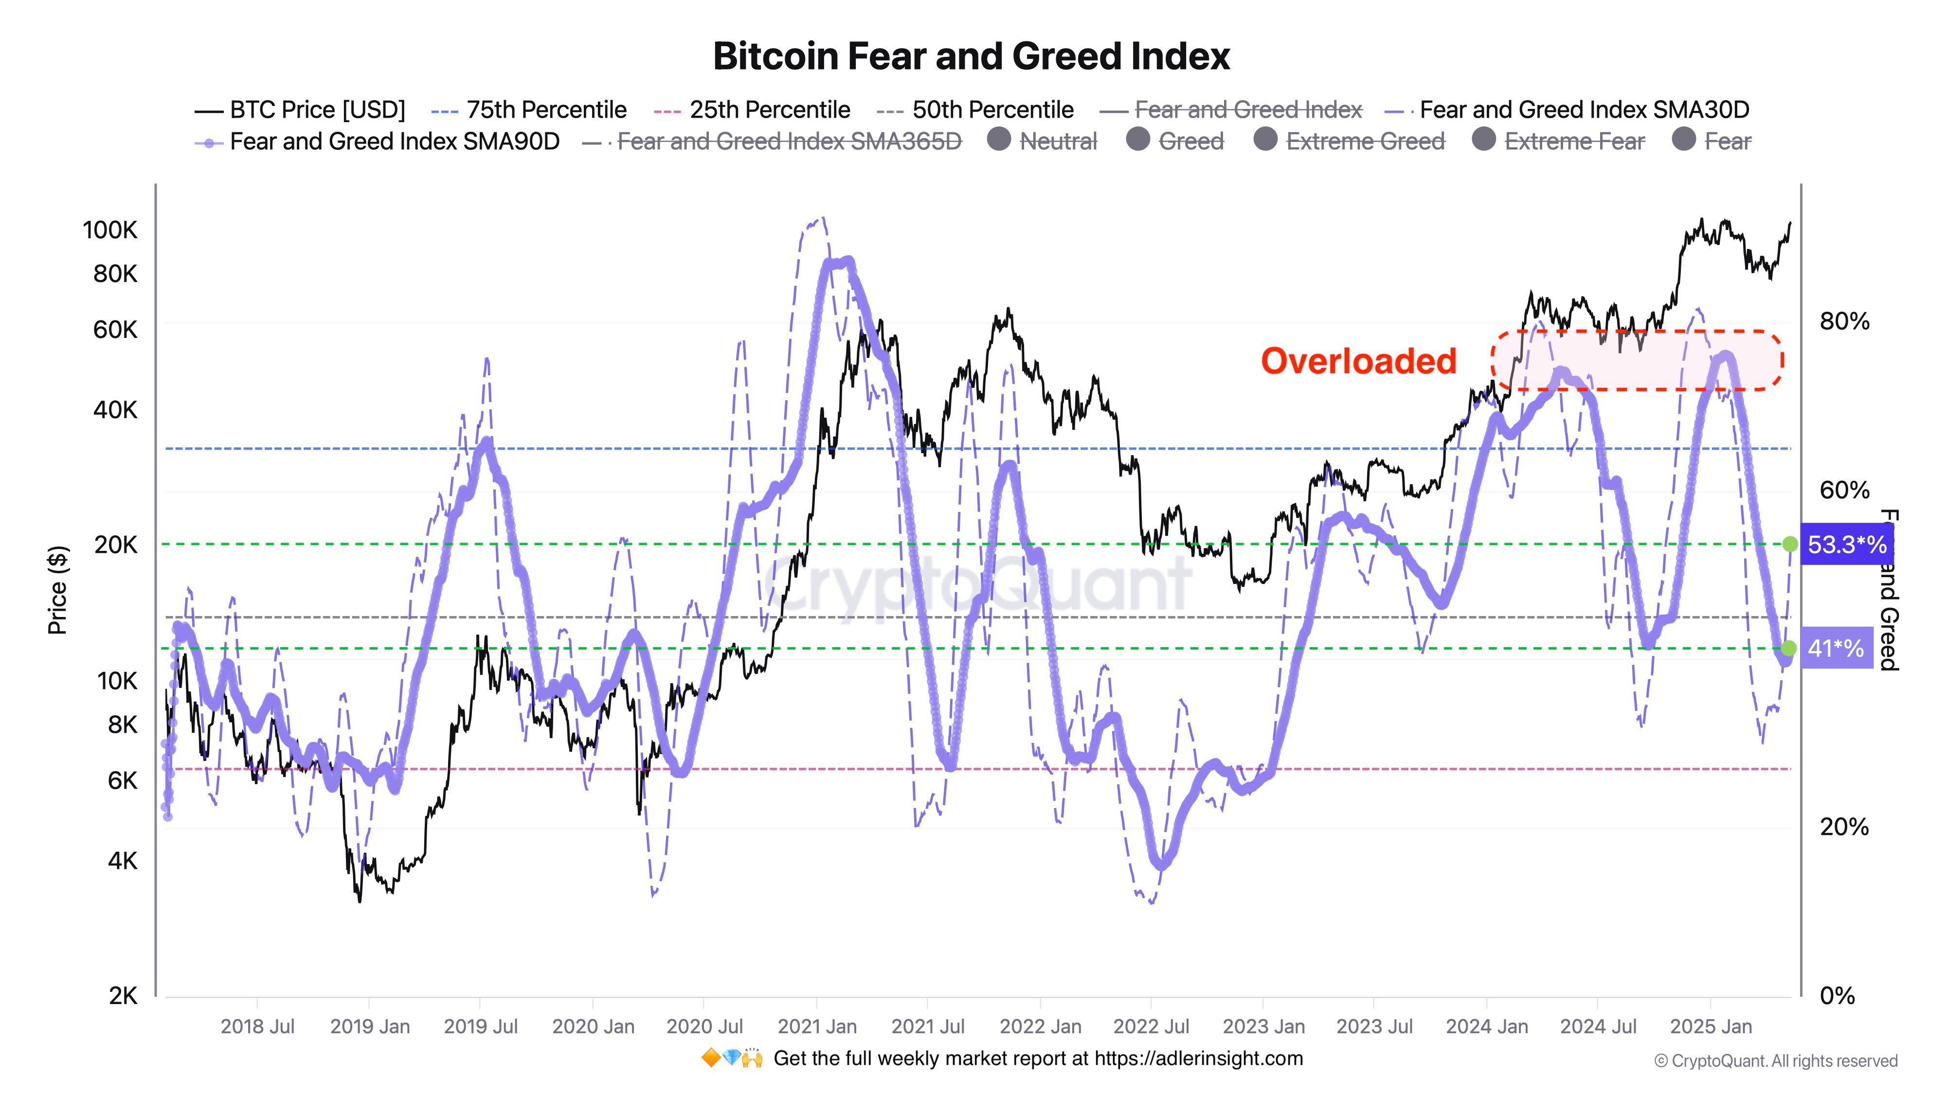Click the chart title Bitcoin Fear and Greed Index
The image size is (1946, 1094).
pos(972,56)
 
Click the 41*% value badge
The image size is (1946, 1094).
pos(1836,648)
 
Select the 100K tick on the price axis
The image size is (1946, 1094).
pos(110,229)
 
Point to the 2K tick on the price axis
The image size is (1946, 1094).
pos(123,996)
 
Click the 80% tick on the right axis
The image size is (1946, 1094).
pos(1844,321)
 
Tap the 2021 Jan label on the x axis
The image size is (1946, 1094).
pos(817,1027)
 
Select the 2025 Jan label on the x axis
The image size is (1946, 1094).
pos(1711,1027)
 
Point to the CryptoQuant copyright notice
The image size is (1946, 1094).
pos(1775,1061)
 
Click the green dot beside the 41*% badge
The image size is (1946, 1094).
pos(1789,648)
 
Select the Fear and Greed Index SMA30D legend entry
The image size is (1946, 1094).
pos(1584,110)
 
